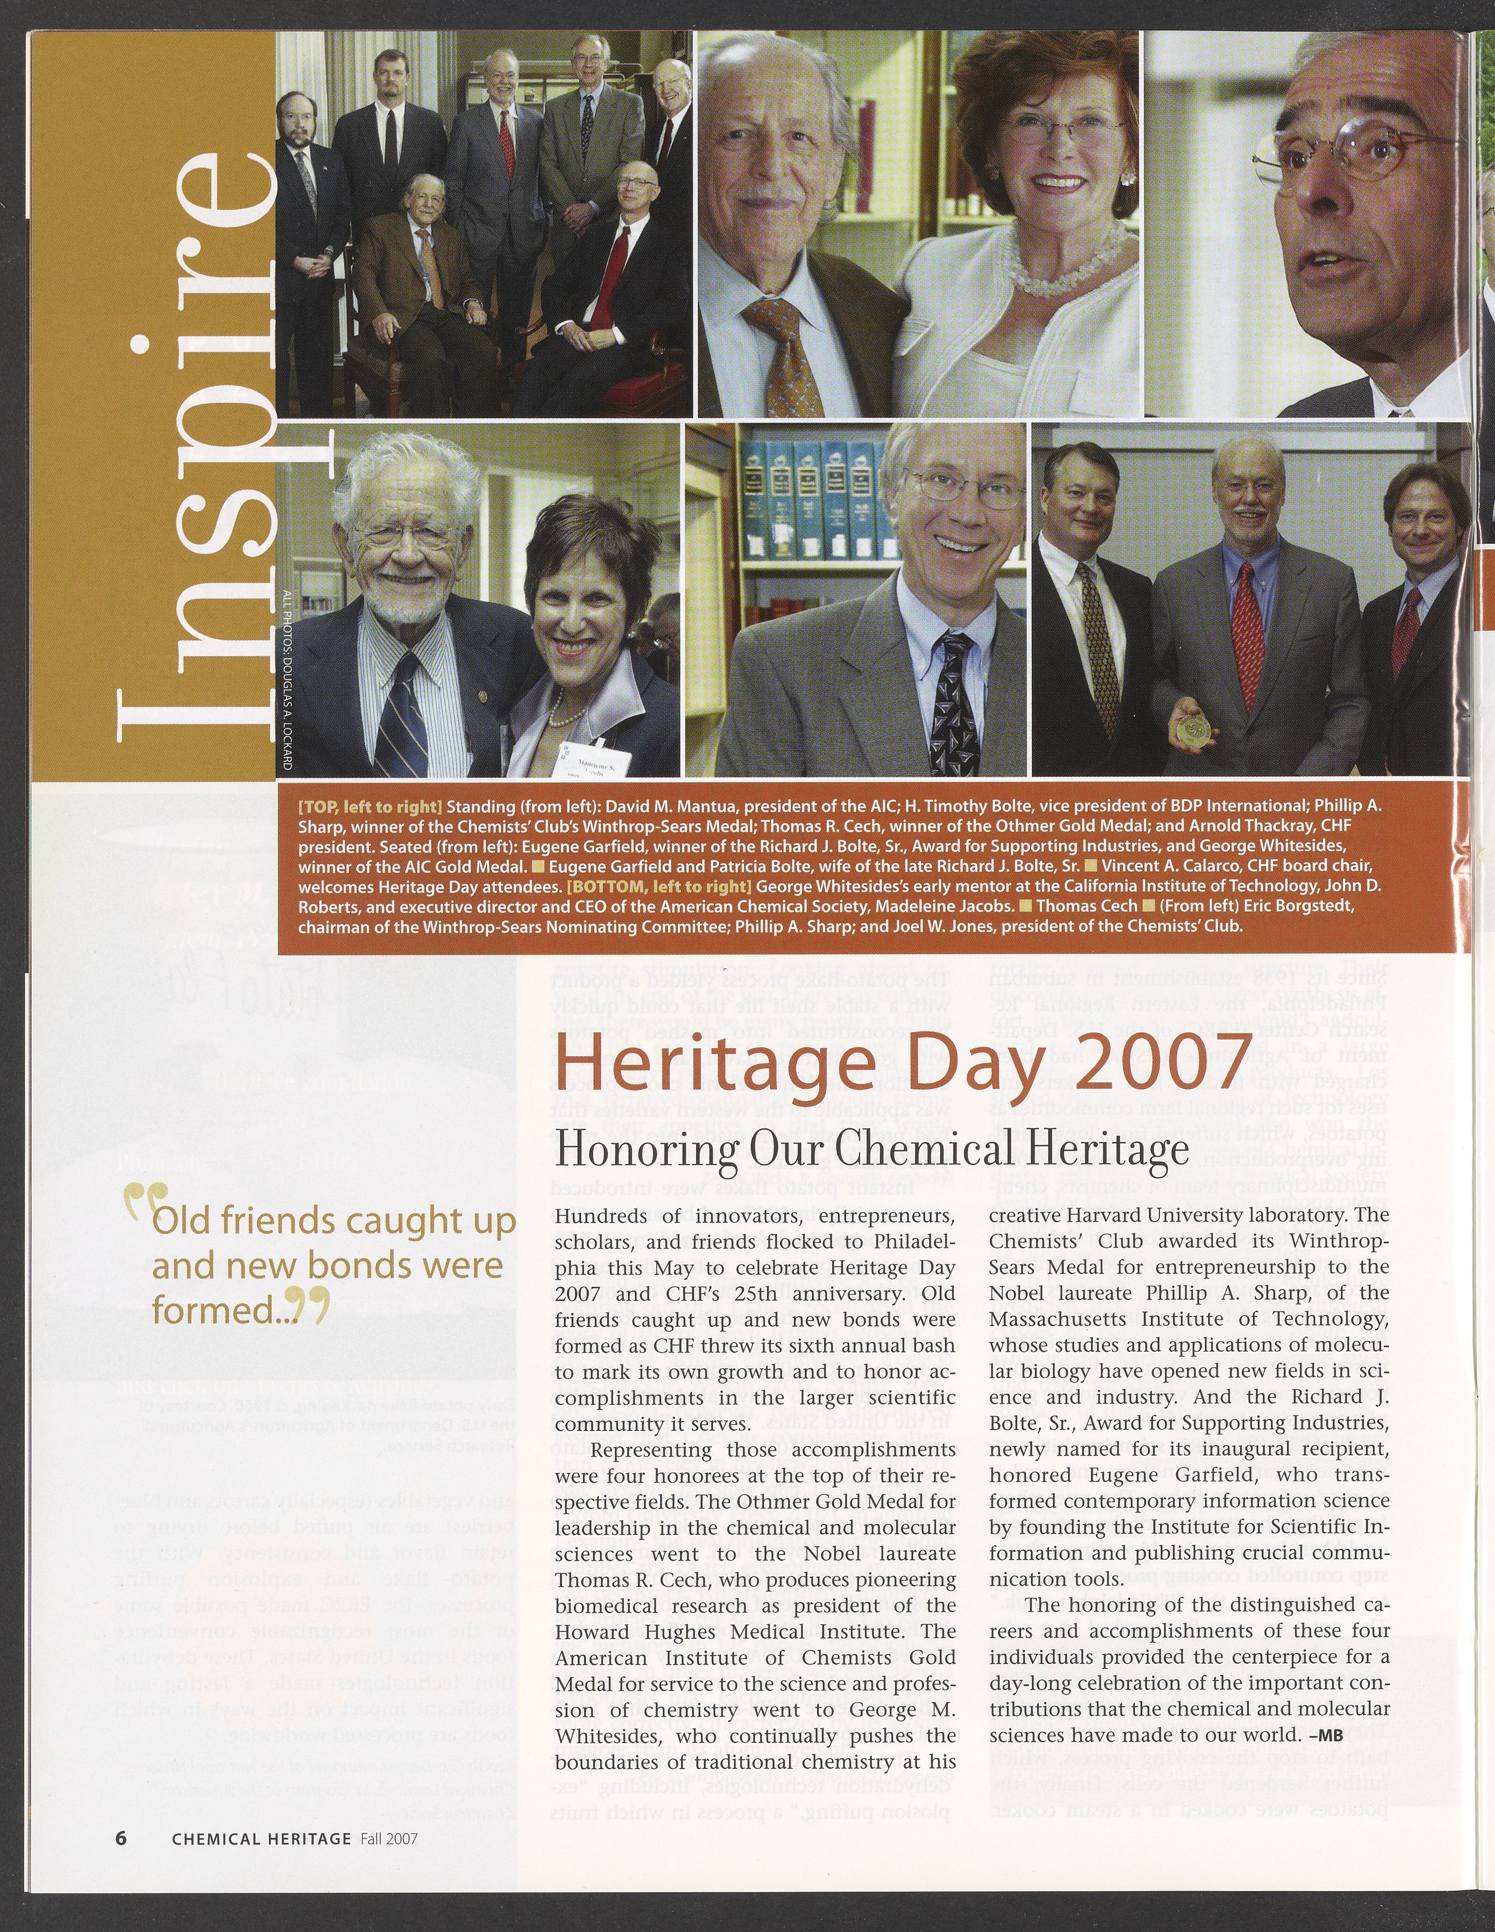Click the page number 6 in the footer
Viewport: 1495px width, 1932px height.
coord(121,1838)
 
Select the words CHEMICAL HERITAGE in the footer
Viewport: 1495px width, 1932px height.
coord(261,1838)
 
